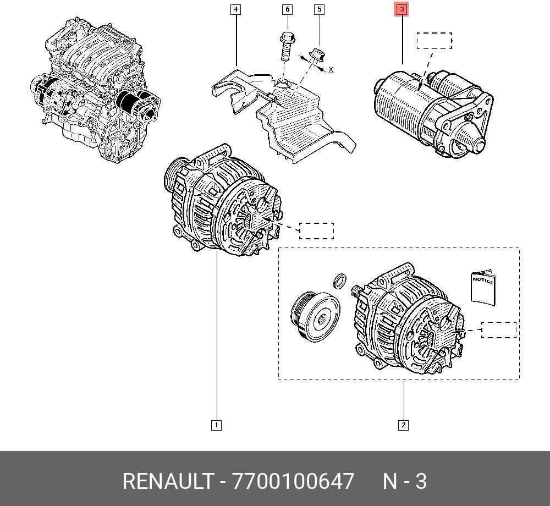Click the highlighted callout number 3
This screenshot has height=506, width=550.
402,9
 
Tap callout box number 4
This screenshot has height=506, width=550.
236,9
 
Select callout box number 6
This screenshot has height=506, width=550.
287,9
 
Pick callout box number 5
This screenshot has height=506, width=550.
319,9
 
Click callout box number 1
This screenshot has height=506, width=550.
216,425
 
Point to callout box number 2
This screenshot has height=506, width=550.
403,425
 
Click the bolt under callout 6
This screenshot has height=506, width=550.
287,46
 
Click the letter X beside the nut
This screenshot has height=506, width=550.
331,69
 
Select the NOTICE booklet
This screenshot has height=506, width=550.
483,287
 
